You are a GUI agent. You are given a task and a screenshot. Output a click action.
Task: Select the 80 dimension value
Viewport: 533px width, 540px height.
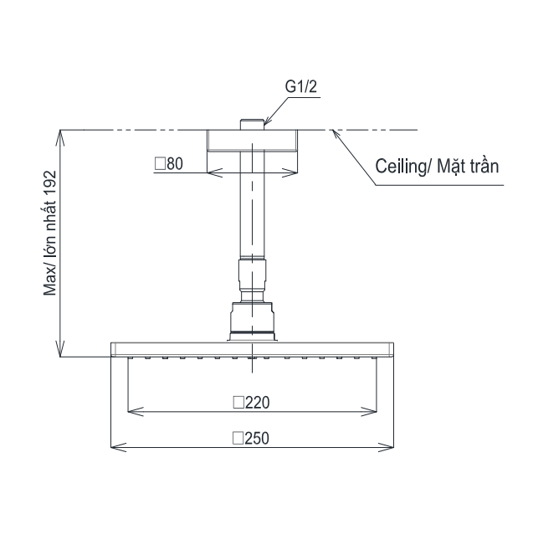click(174, 164)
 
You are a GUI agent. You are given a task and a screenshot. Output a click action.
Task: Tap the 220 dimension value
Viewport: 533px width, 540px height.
click(257, 402)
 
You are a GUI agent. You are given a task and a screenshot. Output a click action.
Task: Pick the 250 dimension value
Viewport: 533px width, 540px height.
click(257, 438)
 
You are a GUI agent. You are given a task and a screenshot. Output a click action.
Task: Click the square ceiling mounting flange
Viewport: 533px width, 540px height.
click(252, 140)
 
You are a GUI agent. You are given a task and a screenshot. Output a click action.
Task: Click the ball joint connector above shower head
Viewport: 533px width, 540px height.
click(252, 320)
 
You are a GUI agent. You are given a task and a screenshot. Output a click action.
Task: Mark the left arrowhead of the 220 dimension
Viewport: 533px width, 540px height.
click(132, 410)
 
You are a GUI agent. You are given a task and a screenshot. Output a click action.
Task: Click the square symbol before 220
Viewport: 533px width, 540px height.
click(238, 402)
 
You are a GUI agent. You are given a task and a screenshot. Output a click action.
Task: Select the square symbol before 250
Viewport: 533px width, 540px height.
click(238, 438)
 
